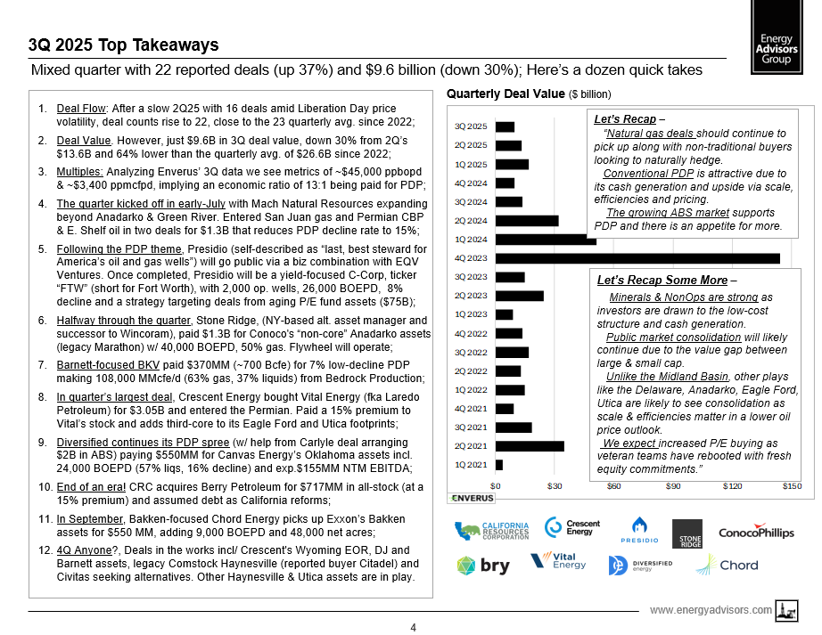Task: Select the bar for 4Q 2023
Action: coord(637,258)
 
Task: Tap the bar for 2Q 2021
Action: coord(530,445)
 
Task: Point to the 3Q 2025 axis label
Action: coord(471,126)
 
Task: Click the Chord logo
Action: coord(727,565)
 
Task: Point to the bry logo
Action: coord(483,565)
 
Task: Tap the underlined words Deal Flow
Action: coord(77,109)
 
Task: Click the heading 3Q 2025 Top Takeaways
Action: coord(123,45)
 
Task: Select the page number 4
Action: coord(413,627)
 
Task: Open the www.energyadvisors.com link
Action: coord(711,610)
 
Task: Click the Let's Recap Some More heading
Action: coord(662,281)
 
